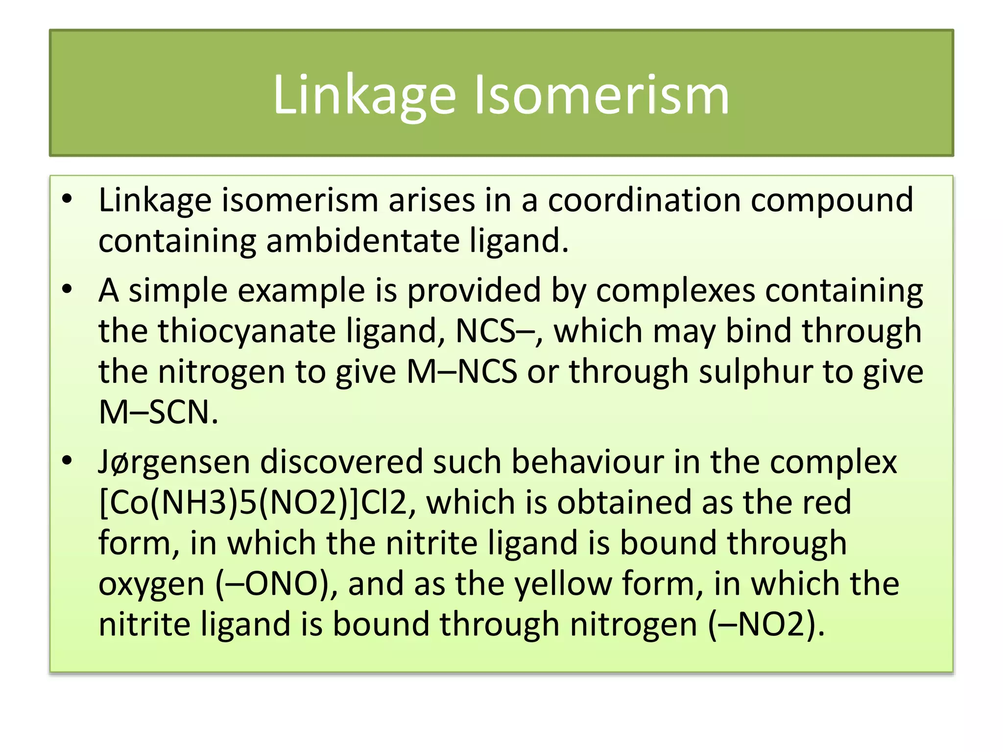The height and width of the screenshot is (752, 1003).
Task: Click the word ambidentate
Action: tap(363, 241)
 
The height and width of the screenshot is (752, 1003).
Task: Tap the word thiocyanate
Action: tap(247, 331)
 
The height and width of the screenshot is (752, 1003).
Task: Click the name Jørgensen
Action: tap(174, 463)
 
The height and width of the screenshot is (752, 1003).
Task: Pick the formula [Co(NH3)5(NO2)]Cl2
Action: tap(253, 503)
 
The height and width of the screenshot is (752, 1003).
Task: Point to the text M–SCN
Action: tap(158, 412)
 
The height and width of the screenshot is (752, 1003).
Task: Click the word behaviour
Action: tap(587, 462)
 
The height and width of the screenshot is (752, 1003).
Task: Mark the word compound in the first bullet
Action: tap(832, 200)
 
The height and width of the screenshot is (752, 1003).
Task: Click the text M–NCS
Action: tap(462, 372)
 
